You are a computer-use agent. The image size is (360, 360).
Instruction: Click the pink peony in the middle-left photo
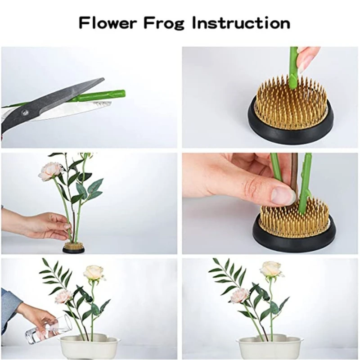point(50,171)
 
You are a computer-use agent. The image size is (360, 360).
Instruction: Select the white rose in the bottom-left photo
point(94,272)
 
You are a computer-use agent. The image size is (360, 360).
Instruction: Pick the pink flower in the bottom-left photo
point(63,296)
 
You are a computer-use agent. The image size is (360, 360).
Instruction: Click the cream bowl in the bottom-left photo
point(90,348)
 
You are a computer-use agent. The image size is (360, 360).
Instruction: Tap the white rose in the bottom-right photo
point(271,269)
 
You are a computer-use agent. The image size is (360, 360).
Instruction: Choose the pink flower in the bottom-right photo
point(239,295)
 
